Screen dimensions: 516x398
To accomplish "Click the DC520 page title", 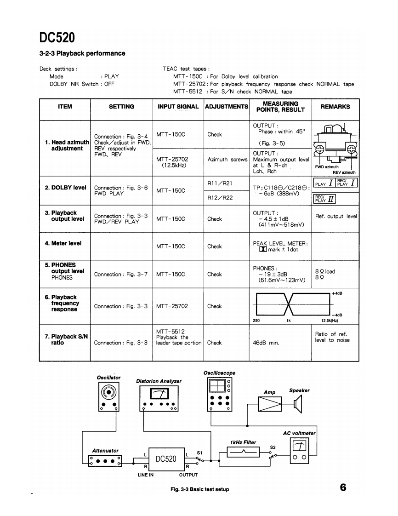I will click(x=57, y=37).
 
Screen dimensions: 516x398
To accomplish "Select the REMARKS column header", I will click(x=335, y=107).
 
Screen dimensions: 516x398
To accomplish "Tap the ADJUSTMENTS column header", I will click(x=227, y=107).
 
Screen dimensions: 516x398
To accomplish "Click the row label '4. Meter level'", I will click(x=63, y=243).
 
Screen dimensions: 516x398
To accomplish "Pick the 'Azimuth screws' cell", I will click(x=227, y=160).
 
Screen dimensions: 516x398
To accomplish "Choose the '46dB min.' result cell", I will click(x=266, y=343).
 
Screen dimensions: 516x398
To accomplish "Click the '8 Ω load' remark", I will click(x=325, y=271).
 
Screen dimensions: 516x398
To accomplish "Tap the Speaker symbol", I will click(x=298, y=404).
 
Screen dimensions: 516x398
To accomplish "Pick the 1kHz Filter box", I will click(x=243, y=453).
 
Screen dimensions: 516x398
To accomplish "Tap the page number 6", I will click(x=343, y=487).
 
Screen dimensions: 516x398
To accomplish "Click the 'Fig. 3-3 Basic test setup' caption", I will click(x=199, y=489).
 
